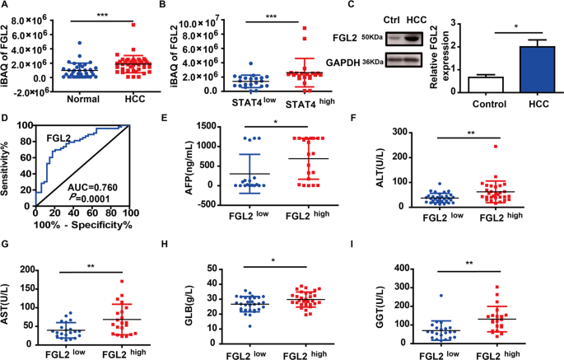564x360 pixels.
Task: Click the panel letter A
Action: pos(6,7)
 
